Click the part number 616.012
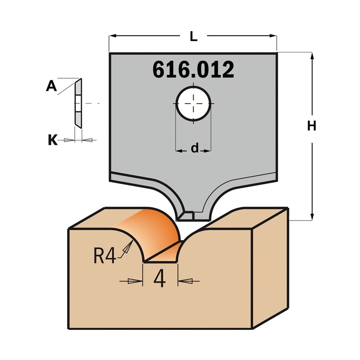(x=193, y=70)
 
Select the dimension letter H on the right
(x=312, y=126)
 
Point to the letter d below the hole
(x=194, y=148)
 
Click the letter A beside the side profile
(x=51, y=87)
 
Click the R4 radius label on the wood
(x=104, y=256)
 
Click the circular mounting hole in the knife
(x=194, y=104)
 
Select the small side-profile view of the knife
(x=78, y=103)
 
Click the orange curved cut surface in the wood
(x=157, y=229)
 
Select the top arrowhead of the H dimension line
(x=312, y=56)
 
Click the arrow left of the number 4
(x=135, y=281)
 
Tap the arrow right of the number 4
(x=186, y=281)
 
